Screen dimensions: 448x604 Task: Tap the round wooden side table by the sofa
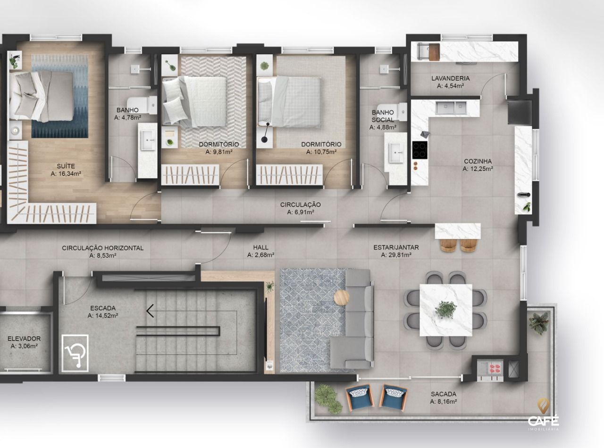point(341,297)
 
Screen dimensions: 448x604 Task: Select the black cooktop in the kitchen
point(419,150)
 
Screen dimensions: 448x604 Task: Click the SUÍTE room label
point(66,166)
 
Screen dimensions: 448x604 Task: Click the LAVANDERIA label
point(450,78)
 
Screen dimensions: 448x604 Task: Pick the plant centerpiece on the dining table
point(445,310)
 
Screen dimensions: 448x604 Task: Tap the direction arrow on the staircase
point(151,310)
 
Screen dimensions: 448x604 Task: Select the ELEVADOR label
point(24,338)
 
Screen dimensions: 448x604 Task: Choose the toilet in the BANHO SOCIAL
point(401,112)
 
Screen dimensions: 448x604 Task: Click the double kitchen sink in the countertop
point(452,108)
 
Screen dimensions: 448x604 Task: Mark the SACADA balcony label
point(443,394)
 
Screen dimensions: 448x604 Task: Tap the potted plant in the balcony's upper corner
point(539,323)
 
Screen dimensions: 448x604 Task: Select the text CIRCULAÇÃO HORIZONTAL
point(103,248)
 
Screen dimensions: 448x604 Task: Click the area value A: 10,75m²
point(321,152)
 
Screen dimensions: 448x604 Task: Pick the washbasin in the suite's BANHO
point(148,140)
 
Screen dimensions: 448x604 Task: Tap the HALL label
point(260,247)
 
